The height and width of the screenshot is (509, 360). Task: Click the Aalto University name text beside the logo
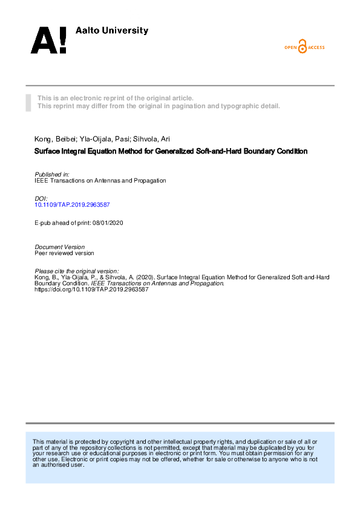tap(111, 30)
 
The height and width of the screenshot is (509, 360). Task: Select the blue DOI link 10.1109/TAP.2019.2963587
tap(72, 206)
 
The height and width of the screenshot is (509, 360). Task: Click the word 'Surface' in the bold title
tap(47, 151)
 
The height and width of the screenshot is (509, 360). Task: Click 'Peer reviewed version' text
tap(65, 253)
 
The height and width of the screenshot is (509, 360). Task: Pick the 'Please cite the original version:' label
tap(77, 271)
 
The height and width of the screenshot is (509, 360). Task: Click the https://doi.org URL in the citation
tap(91, 290)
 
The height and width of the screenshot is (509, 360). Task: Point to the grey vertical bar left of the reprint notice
tap(28, 102)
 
